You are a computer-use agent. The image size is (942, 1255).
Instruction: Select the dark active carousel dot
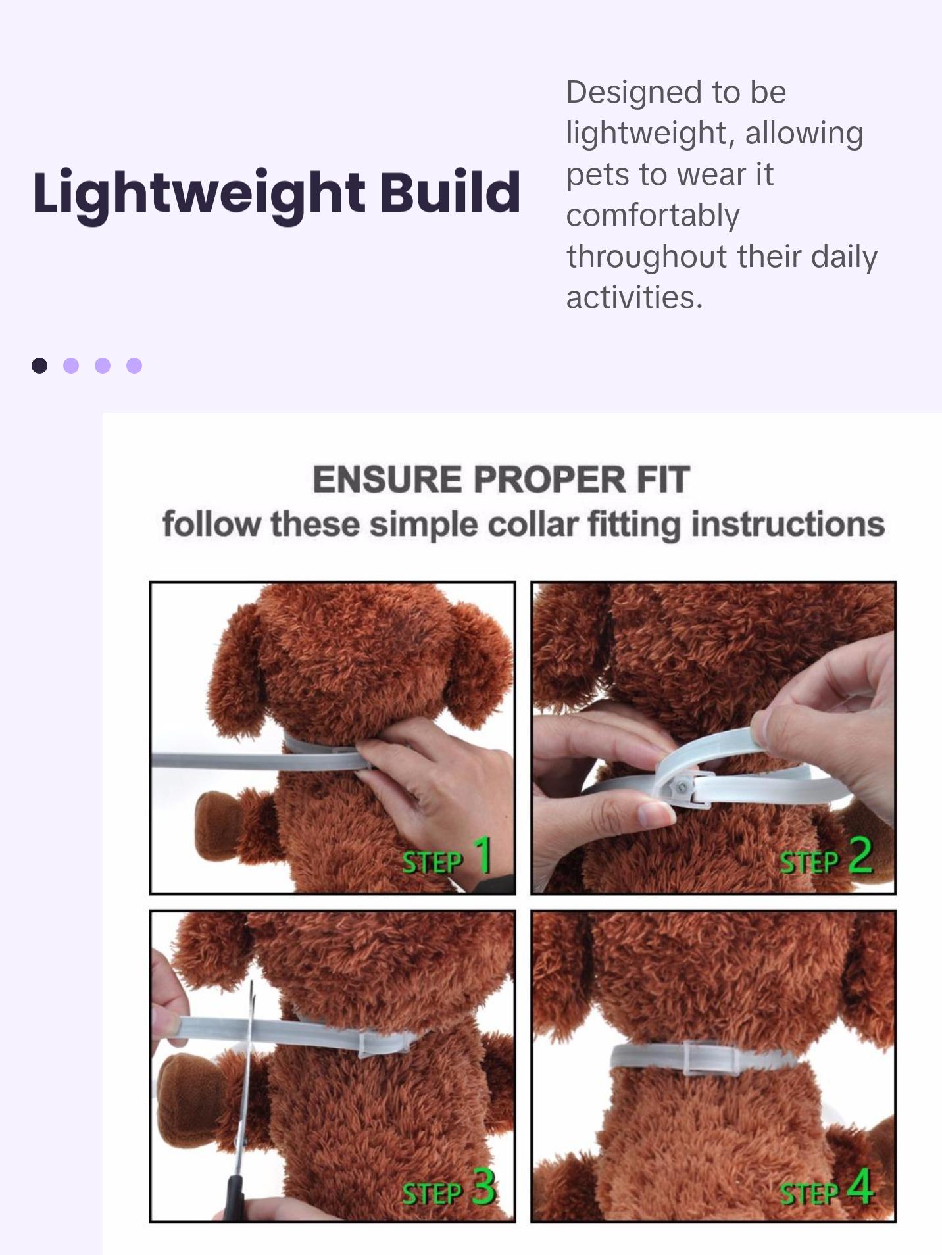coord(39,366)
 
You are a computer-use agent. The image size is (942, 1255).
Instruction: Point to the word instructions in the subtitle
coord(787,525)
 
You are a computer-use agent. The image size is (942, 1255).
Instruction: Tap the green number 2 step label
coord(860,855)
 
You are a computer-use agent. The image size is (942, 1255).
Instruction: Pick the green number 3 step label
coord(484,1187)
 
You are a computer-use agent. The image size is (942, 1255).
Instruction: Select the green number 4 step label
coord(860,1187)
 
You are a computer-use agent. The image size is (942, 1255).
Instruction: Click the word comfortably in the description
coord(653,215)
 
